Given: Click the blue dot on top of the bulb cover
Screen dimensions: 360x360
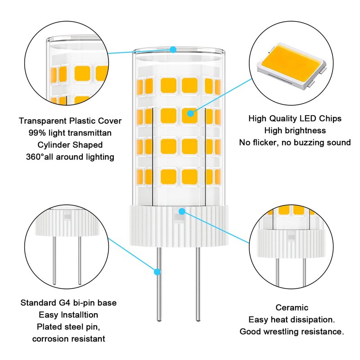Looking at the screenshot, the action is pyautogui.click(x=173, y=49).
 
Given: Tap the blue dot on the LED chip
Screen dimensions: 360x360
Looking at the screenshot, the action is pyautogui.click(x=190, y=113).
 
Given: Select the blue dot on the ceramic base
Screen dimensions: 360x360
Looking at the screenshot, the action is pyautogui.click(x=182, y=211).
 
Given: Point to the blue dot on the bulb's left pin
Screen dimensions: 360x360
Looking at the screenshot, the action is pyautogui.click(x=157, y=272).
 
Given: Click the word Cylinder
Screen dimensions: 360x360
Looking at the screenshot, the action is pyautogui.click(x=54, y=145).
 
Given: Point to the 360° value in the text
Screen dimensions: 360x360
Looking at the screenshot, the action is pyautogui.click(x=35, y=157).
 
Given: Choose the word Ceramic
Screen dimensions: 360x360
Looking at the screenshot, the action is pyautogui.click(x=292, y=307).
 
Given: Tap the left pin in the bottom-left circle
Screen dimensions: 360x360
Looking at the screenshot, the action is pyautogui.click(x=54, y=261).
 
